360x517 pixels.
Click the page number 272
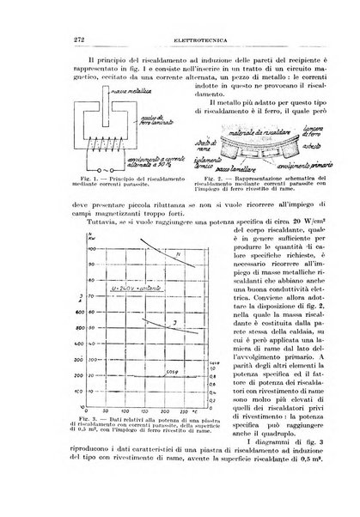[x=60, y=38]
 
